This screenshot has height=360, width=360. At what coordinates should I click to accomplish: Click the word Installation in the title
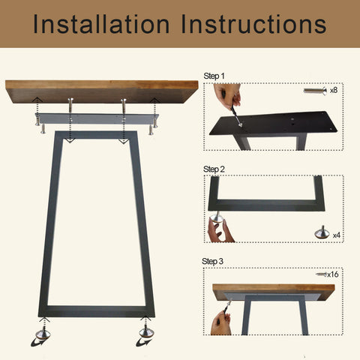pyautogui.click(x=101, y=24)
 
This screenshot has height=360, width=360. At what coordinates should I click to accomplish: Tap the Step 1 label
pyautogui.click(x=214, y=76)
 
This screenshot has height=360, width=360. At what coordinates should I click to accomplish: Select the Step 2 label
pyautogui.click(x=214, y=169)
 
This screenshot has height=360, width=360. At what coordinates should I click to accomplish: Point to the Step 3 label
pyautogui.click(x=212, y=261)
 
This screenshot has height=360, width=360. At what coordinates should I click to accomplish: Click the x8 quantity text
pyautogui.click(x=334, y=90)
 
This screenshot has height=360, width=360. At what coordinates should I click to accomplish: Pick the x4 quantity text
pyautogui.click(x=337, y=235)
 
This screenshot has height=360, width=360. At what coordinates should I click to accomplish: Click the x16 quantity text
pyautogui.click(x=333, y=274)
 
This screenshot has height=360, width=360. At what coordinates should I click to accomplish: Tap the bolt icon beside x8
pyautogui.click(x=315, y=91)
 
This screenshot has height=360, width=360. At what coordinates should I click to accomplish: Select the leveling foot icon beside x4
pyautogui.click(x=322, y=232)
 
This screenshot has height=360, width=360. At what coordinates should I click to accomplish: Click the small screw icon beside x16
pyautogui.click(x=321, y=274)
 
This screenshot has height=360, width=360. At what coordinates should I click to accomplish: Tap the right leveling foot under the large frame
pyautogui.click(x=146, y=331)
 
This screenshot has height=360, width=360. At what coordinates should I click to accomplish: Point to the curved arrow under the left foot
pyautogui.click(x=40, y=341)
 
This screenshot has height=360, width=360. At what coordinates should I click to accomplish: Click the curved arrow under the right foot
pyautogui.click(x=143, y=342)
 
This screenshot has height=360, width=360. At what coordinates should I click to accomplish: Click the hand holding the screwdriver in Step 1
pyautogui.click(x=228, y=96)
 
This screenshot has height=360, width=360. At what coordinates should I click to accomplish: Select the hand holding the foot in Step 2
pyautogui.click(x=219, y=231)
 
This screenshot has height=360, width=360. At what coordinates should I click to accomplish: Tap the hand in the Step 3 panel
pyautogui.click(x=220, y=324)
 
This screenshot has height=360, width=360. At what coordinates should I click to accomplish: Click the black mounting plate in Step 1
pyautogui.click(x=274, y=123)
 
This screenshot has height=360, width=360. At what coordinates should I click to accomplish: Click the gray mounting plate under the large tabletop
pyautogui.click(x=97, y=118)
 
